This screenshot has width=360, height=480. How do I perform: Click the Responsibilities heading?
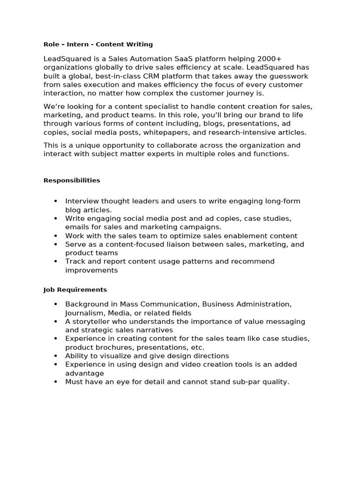click(x=72, y=180)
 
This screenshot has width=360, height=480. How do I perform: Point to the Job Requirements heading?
click(x=75, y=290)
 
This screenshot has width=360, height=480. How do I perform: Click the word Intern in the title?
click(x=78, y=44)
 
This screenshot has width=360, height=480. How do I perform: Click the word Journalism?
click(x=85, y=313)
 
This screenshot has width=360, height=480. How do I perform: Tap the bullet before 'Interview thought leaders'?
click(x=55, y=201)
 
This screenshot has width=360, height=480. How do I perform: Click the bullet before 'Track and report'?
click(x=55, y=261)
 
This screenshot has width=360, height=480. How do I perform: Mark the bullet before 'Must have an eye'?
click(x=55, y=382)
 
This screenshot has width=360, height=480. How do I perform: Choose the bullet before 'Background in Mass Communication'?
click(x=55, y=304)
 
